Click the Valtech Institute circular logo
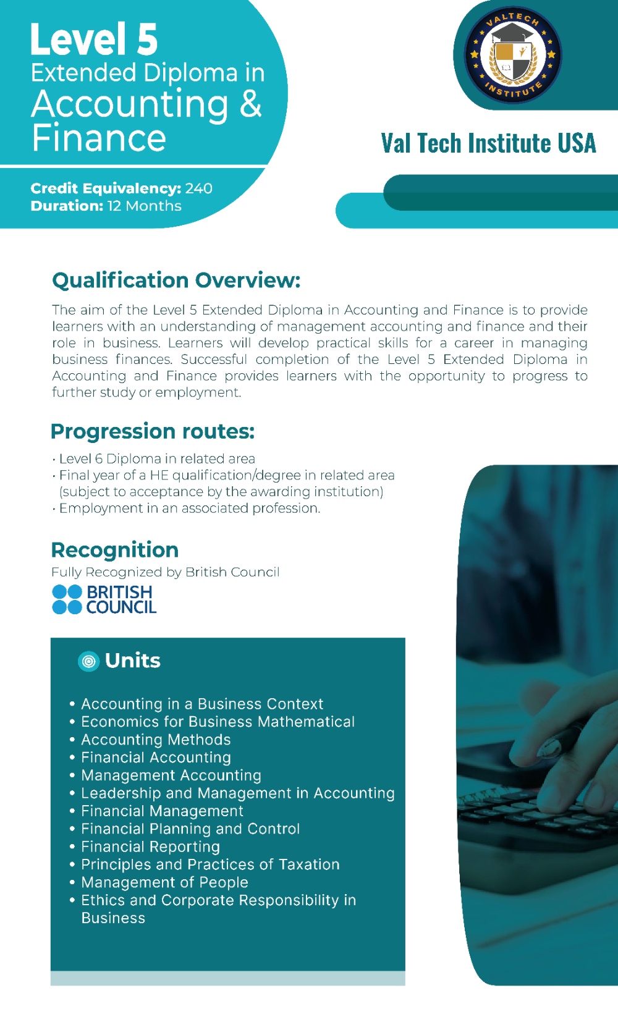pos(513,55)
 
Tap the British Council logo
pos(104,599)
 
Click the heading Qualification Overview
pos(176,280)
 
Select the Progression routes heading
pos(153,431)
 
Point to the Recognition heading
pos(114,550)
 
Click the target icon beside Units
pos(89,661)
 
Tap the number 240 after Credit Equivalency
pos(198,188)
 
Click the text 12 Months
pos(144,206)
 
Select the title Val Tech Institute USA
pos(488,143)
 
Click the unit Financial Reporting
pos(151,847)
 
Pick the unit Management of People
pos(165,882)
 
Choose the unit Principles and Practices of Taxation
pos(210,864)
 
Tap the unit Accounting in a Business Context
pos(202,704)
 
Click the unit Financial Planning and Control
pos(190,829)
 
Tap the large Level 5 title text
pos(94,40)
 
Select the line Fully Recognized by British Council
pos(165,572)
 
